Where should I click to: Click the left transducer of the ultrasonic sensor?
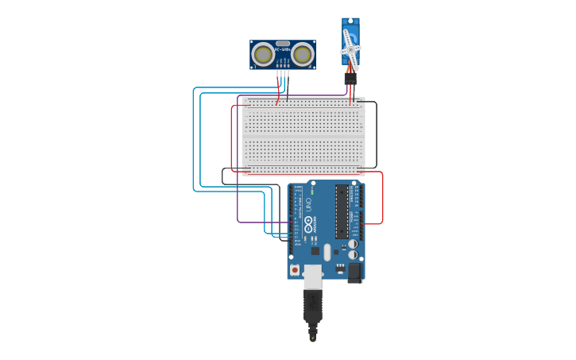[x=263, y=54]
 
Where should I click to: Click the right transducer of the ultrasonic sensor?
[x=302, y=54]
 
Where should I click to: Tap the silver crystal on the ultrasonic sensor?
[x=283, y=44]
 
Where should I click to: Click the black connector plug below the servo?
[x=350, y=79]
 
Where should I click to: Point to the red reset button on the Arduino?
[x=295, y=270]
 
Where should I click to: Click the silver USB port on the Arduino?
[x=313, y=277]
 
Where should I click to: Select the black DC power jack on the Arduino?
[x=354, y=273]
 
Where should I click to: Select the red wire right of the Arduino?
[x=383, y=199]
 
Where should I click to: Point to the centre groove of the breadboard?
[x=303, y=136]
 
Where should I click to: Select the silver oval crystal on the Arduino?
[x=353, y=244]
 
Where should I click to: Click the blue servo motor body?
[x=350, y=32]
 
